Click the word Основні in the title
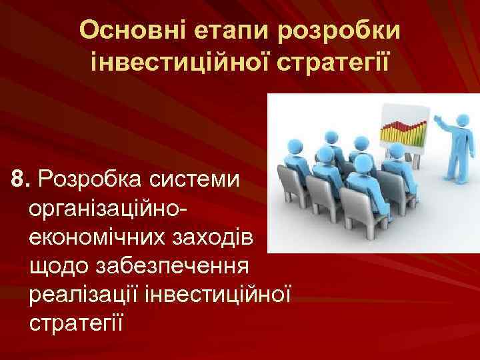[x=131, y=30]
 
